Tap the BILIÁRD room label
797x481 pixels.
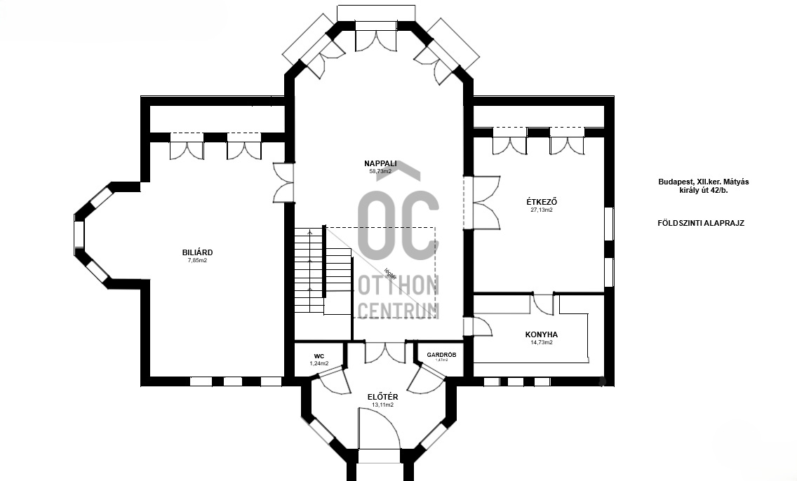pos(197,252)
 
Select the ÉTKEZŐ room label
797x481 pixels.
pos(541,202)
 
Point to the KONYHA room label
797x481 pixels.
pos(541,334)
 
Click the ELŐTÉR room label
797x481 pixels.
pos(382,397)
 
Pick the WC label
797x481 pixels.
pos(319,356)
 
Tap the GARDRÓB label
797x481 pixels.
pos(441,355)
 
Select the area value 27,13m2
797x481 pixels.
pos(541,210)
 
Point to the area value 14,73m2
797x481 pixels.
pos(541,343)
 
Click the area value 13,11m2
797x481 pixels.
pos(382,405)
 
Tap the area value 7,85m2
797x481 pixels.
pos(197,260)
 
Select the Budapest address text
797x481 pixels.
pos(703,186)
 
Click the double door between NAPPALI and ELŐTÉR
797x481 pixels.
pos(384,351)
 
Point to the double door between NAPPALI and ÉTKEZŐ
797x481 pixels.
pos(484,203)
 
